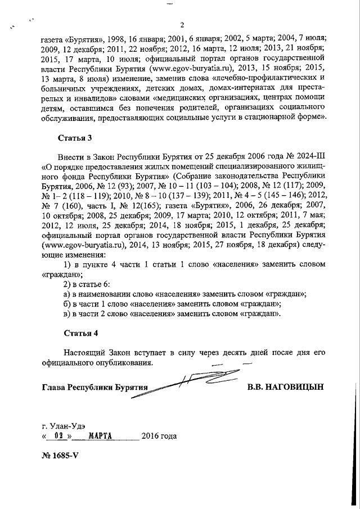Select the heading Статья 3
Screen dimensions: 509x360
[x=75, y=137]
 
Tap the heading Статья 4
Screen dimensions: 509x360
[x=75, y=333]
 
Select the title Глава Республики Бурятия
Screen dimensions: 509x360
[x=94, y=388]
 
